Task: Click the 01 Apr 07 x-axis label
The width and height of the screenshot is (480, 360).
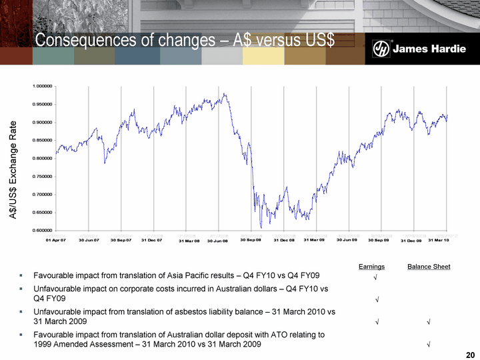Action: (x=55, y=239)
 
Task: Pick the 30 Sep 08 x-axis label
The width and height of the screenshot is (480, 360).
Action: (x=251, y=239)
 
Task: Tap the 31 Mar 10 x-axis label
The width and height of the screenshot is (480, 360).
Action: (x=438, y=239)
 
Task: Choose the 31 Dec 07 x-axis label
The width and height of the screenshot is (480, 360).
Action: (x=152, y=239)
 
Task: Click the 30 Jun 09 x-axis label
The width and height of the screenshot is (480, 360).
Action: (x=347, y=239)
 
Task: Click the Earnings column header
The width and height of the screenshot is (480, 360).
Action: (x=371, y=267)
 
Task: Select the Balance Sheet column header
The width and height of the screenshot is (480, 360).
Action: (x=429, y=267)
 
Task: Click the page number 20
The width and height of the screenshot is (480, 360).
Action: (x=471, y=353)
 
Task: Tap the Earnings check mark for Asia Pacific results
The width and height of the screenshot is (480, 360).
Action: (x=377, y=277)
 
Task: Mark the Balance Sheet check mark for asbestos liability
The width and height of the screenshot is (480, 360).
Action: (x=428, y=322)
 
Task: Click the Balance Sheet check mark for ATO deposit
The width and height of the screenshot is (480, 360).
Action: (x=428, y=345)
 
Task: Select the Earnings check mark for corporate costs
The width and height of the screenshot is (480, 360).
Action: (x=377, y=299)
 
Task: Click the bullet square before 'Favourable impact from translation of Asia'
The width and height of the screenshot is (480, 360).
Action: (x=22, y=275)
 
